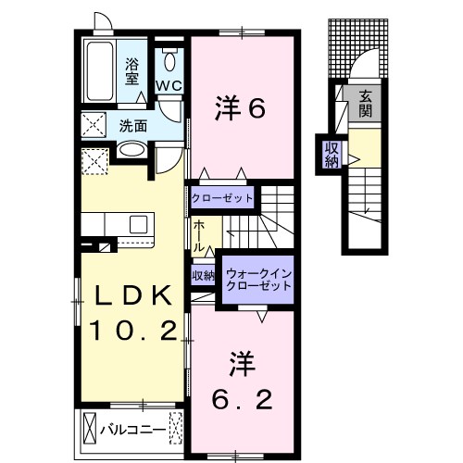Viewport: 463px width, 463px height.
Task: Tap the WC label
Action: coord(169,86)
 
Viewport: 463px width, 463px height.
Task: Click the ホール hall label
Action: coord(201,237)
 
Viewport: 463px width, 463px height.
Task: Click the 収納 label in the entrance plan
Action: coord(331,155)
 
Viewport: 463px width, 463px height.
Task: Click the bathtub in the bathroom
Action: coord(97,72)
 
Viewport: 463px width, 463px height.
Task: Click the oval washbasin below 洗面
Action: coord(131,149)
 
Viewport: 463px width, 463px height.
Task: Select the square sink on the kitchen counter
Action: coord(139,225)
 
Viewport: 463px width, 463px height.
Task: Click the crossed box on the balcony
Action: coord(90,430)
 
